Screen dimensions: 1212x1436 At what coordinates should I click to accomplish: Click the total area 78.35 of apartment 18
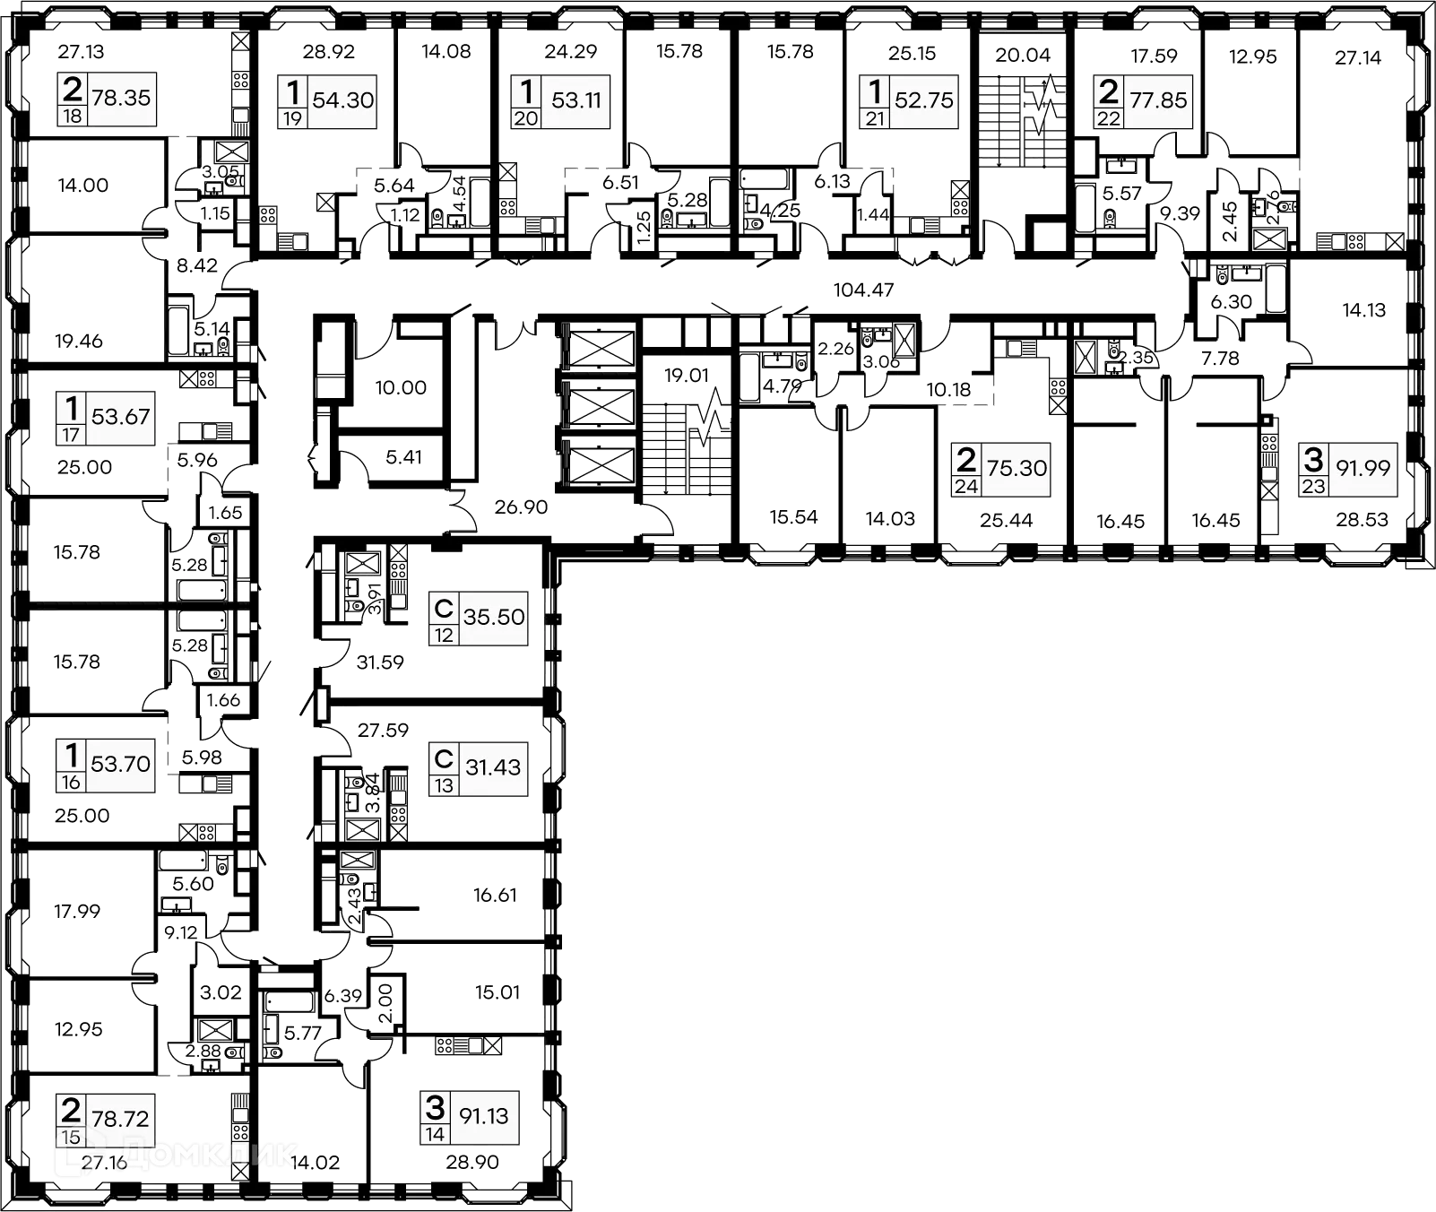click(121, 98)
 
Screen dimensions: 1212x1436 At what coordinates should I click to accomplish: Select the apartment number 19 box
click(293, 117)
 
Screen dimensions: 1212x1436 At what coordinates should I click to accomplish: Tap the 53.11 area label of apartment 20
click(576, 100)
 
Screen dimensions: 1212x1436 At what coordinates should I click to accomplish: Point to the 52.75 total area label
click(924, 100)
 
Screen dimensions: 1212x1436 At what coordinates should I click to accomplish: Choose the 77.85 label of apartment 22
click(1158, 100)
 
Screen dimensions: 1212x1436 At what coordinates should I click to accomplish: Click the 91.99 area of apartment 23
click(1362, 467)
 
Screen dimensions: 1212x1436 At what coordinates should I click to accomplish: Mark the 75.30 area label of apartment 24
click(1016, 467)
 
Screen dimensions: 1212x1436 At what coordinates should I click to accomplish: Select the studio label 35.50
click(494, 617)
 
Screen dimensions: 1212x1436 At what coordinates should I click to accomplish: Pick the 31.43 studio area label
click(493, 766)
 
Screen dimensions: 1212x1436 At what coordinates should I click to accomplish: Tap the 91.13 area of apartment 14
click(484, 1116)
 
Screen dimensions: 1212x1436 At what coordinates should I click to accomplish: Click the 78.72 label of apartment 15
click(120, 1119)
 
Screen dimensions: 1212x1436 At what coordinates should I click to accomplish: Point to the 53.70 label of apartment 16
click(120, 764)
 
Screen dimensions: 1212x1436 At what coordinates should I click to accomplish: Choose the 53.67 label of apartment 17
click(120, 416)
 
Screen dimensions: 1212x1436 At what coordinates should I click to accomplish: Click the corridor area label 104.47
click(863, 290)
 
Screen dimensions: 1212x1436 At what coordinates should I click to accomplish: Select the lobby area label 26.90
click(521, 507)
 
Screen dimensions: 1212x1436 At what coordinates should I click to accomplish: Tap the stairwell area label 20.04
click(1023, 56)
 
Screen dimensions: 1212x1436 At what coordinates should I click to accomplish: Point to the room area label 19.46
click(80, 342)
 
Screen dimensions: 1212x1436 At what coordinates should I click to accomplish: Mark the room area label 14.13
click(1363, 311)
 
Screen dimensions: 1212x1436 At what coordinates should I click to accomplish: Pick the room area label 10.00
click(401, 388)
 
